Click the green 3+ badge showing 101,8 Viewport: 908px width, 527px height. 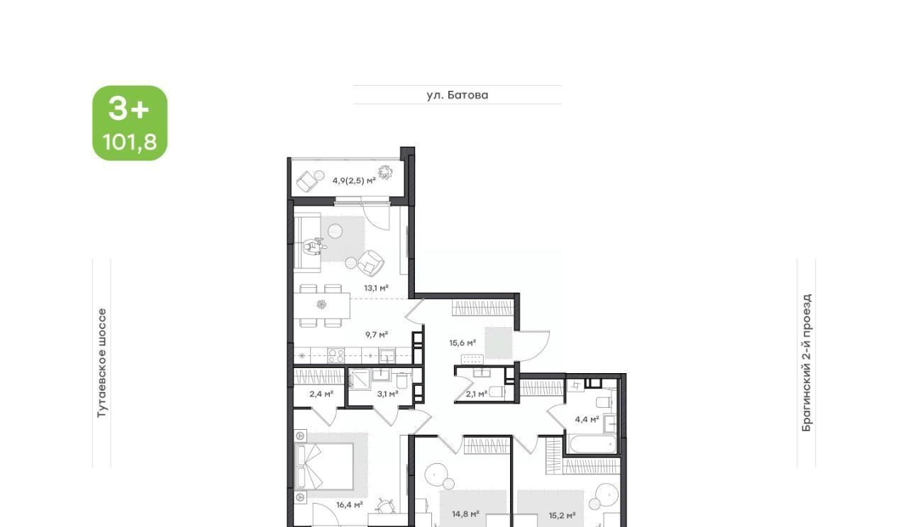point(130,123)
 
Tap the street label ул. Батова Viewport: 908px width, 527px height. point(458,95)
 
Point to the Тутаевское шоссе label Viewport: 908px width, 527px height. point(101,363)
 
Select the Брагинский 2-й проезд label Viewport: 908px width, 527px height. point(807,363)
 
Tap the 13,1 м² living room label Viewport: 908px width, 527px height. point(376,288)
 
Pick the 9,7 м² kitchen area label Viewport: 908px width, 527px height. point(377,335)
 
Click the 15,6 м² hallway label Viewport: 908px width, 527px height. point(463,343)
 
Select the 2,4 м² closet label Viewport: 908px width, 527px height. point(321,394)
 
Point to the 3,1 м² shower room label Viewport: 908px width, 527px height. point(387,394)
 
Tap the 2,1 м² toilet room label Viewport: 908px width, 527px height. point(477,394)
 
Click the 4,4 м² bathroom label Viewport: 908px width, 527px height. point(587,419)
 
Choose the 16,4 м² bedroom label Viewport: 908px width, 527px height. point(350,505)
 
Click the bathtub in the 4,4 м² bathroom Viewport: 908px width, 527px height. point(592,445)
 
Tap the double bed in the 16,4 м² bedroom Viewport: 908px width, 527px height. point(324,466)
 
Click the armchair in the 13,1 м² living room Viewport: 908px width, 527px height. point(370,263)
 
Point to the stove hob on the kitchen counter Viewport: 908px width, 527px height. point(336,356)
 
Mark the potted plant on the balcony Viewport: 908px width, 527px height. point(385,172)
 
